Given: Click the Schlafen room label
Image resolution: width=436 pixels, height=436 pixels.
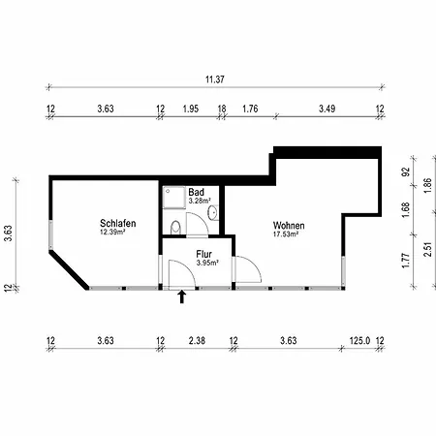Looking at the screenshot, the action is pos(118,223).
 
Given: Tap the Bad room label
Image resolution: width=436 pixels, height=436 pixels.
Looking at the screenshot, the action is pos(196,192).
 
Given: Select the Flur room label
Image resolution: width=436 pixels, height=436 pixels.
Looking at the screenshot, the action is pos(203,254).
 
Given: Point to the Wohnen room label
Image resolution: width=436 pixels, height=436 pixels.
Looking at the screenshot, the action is pos(289,225).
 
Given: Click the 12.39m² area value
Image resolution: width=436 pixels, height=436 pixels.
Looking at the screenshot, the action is pos(112,232).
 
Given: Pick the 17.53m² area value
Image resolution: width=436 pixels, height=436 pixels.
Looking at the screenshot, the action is pos(286,234).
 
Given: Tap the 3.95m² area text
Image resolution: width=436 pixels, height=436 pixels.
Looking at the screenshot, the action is pos(207,263).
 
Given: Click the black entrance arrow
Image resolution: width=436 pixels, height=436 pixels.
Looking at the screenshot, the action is pos(182,296).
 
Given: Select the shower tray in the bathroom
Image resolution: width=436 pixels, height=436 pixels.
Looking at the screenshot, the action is pos(174,198).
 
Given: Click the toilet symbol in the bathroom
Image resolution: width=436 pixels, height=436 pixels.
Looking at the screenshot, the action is pos(175,227).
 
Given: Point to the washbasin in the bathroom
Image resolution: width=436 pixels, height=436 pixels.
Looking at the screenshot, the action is pos(213,212).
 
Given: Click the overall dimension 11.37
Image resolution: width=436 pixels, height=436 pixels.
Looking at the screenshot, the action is pos(215,79).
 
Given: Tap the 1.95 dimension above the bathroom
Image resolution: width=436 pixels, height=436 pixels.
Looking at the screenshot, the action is pos(191,109).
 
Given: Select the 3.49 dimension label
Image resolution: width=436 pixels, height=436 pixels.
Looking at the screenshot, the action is pos(327,109).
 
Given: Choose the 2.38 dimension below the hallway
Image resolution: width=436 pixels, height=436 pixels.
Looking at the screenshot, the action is pos(197,341).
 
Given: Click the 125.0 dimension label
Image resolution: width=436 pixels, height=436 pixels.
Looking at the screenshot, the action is pos(359,341).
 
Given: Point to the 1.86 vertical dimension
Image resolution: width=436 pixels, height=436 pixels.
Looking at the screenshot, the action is pos(427,186).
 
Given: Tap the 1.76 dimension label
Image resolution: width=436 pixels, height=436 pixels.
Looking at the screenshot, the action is pos(250,109).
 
